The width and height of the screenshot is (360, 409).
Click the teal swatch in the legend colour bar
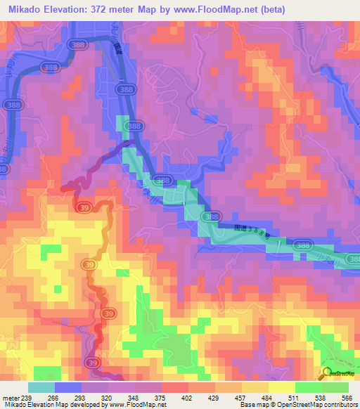(x=41, y=387)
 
